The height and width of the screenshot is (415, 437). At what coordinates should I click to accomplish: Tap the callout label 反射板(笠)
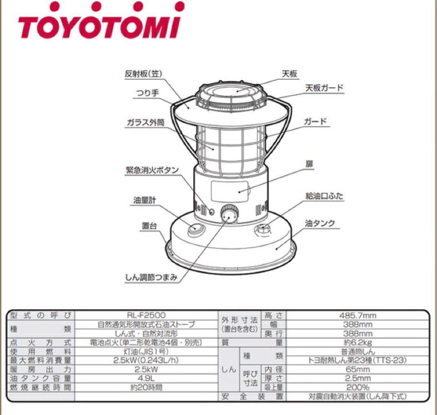(x=143, y=74)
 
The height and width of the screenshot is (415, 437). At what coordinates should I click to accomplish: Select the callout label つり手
(x=148, y=93)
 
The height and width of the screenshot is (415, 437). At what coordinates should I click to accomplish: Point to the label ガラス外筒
(x=146, y=122)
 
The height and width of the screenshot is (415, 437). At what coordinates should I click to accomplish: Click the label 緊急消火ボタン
(x=152, y=170)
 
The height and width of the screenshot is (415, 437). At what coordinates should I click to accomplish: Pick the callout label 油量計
(x=144, y=200)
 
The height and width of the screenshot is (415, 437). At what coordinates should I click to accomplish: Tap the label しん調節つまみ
(x=151, y=277)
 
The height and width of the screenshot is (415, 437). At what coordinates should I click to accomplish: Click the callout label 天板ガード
(x=325, y=88)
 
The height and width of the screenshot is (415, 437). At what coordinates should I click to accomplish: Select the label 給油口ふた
(x=325, y=196)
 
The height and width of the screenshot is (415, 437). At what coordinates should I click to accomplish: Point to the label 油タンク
(x=320, y=223)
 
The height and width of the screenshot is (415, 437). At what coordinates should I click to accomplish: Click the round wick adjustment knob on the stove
(x=229, y=214)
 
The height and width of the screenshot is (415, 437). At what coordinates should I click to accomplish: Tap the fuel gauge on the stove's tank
(x=196, y=229)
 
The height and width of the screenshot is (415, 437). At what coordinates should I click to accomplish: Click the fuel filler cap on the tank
(x=263, y=228)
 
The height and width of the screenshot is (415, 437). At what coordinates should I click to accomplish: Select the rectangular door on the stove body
(x=229, y=191)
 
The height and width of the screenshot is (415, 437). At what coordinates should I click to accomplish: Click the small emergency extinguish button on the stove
(x=212, y=212)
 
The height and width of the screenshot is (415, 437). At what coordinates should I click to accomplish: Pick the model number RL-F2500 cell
(x=146, y=315)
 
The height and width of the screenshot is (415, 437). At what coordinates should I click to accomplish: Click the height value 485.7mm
(x=358, y=315)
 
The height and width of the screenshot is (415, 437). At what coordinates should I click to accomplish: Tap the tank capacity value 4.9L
(x=146, y=379)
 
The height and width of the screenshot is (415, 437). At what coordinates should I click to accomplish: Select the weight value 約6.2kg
(x=358, y=342)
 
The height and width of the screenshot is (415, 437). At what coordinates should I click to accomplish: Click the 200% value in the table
(x=358, y=387)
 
